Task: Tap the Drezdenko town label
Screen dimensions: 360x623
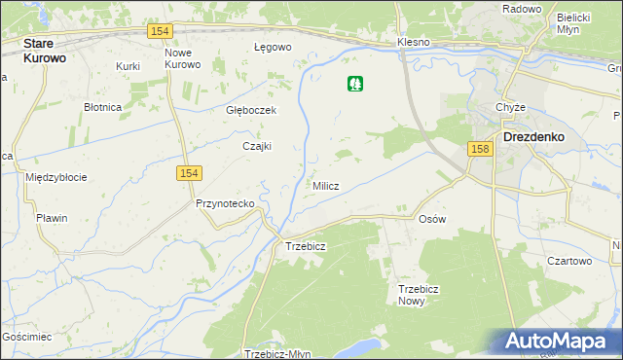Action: pyautogui.click(x=534, y=137)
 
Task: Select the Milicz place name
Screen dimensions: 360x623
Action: pyautogui.click(x=326, y=186)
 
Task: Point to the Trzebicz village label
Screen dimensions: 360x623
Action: pyautogui.click(x=305, y=246)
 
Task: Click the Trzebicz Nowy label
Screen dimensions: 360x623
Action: pyautogui.click(x=420, y=295)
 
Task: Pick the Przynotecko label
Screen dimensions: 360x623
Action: pyautogui.click(x=225, y=203)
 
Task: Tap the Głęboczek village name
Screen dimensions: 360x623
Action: pyautogui.click(x=251, y=110)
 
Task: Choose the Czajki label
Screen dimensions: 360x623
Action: pyautogui.click(x=256, y=146)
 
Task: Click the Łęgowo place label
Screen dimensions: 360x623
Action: pyautogui.click(x=273, y=47)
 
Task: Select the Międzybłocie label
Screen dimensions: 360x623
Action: pyautogui.click(x=56, y=177)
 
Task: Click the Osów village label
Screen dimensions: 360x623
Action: pyautogui.click(x=431, y=219)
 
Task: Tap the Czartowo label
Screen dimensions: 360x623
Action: pyautogui.click(x=569, y=261)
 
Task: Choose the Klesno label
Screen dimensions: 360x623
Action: pyautogui.click(x=414, y=43)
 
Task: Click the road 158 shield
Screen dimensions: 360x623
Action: pyautogui.click(x=478, y=149)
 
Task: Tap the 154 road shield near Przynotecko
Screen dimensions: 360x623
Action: pyautogui.click(x=189, y=172)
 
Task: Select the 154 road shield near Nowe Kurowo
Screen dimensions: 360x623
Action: pyautogui.click(x=162, y=31)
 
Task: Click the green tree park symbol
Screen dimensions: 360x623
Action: pyautogui.click(x=355, y=85)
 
